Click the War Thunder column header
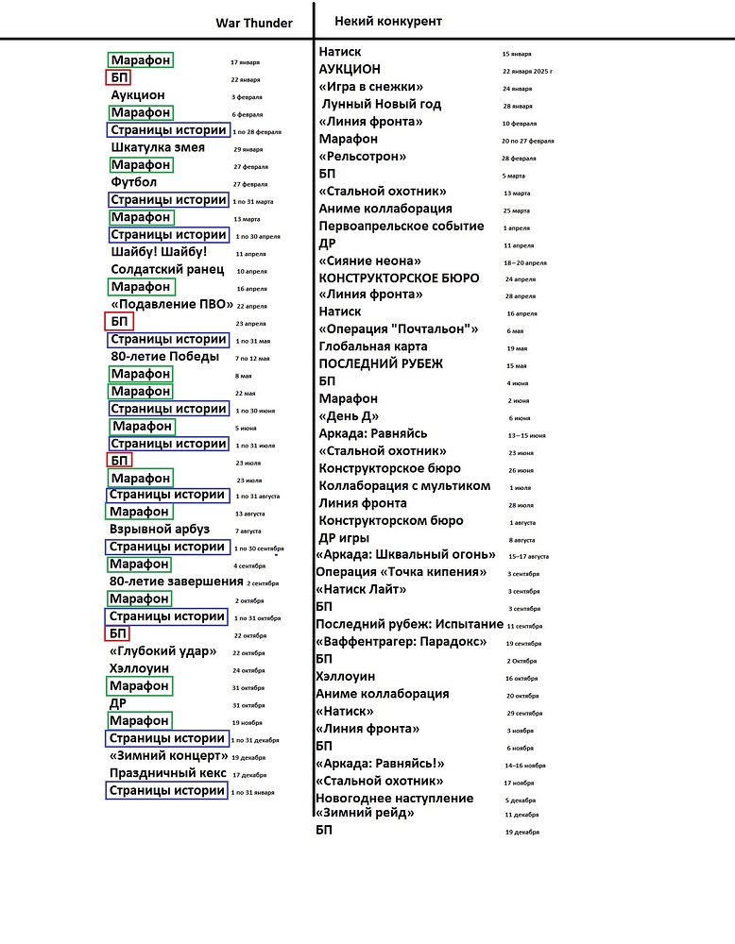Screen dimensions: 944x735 254,23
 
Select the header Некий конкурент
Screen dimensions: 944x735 388,21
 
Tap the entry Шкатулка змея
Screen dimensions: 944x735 158,147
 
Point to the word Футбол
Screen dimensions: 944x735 134,182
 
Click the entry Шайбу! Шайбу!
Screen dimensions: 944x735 159,252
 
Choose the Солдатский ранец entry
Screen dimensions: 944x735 167,269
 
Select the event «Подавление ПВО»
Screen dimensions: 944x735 171,304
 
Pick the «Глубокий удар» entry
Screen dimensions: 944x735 163,651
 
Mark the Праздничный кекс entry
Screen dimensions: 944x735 168,773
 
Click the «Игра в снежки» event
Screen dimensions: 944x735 370,87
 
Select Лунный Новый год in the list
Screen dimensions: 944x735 382,104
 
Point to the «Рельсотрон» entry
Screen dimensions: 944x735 363,156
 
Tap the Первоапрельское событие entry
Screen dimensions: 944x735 402,226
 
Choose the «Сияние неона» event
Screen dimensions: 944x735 369,261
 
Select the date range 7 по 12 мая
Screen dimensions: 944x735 252,359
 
